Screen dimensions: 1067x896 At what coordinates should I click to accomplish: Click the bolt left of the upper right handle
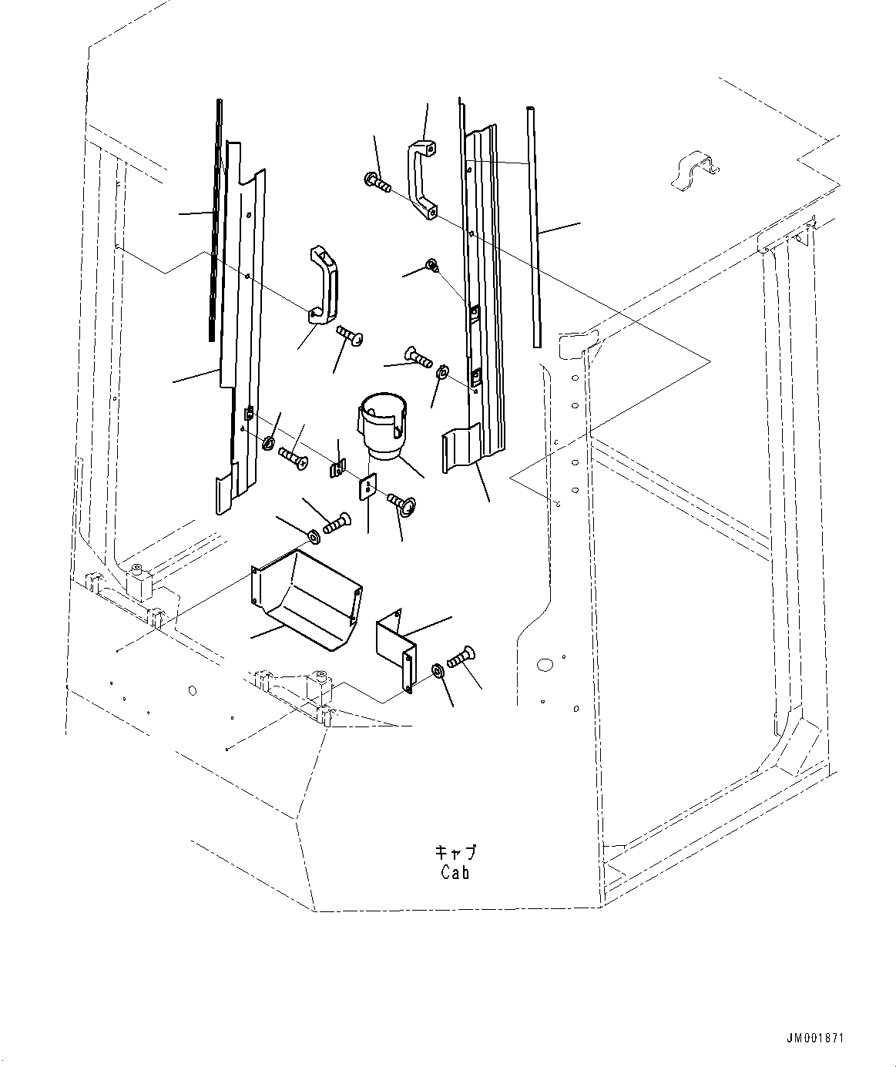point(377,183)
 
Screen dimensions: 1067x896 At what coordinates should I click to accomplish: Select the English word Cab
point(455,873)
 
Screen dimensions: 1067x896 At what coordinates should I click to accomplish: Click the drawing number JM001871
point(815,1038)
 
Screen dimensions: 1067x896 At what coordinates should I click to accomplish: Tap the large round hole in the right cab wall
point(545,663)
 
